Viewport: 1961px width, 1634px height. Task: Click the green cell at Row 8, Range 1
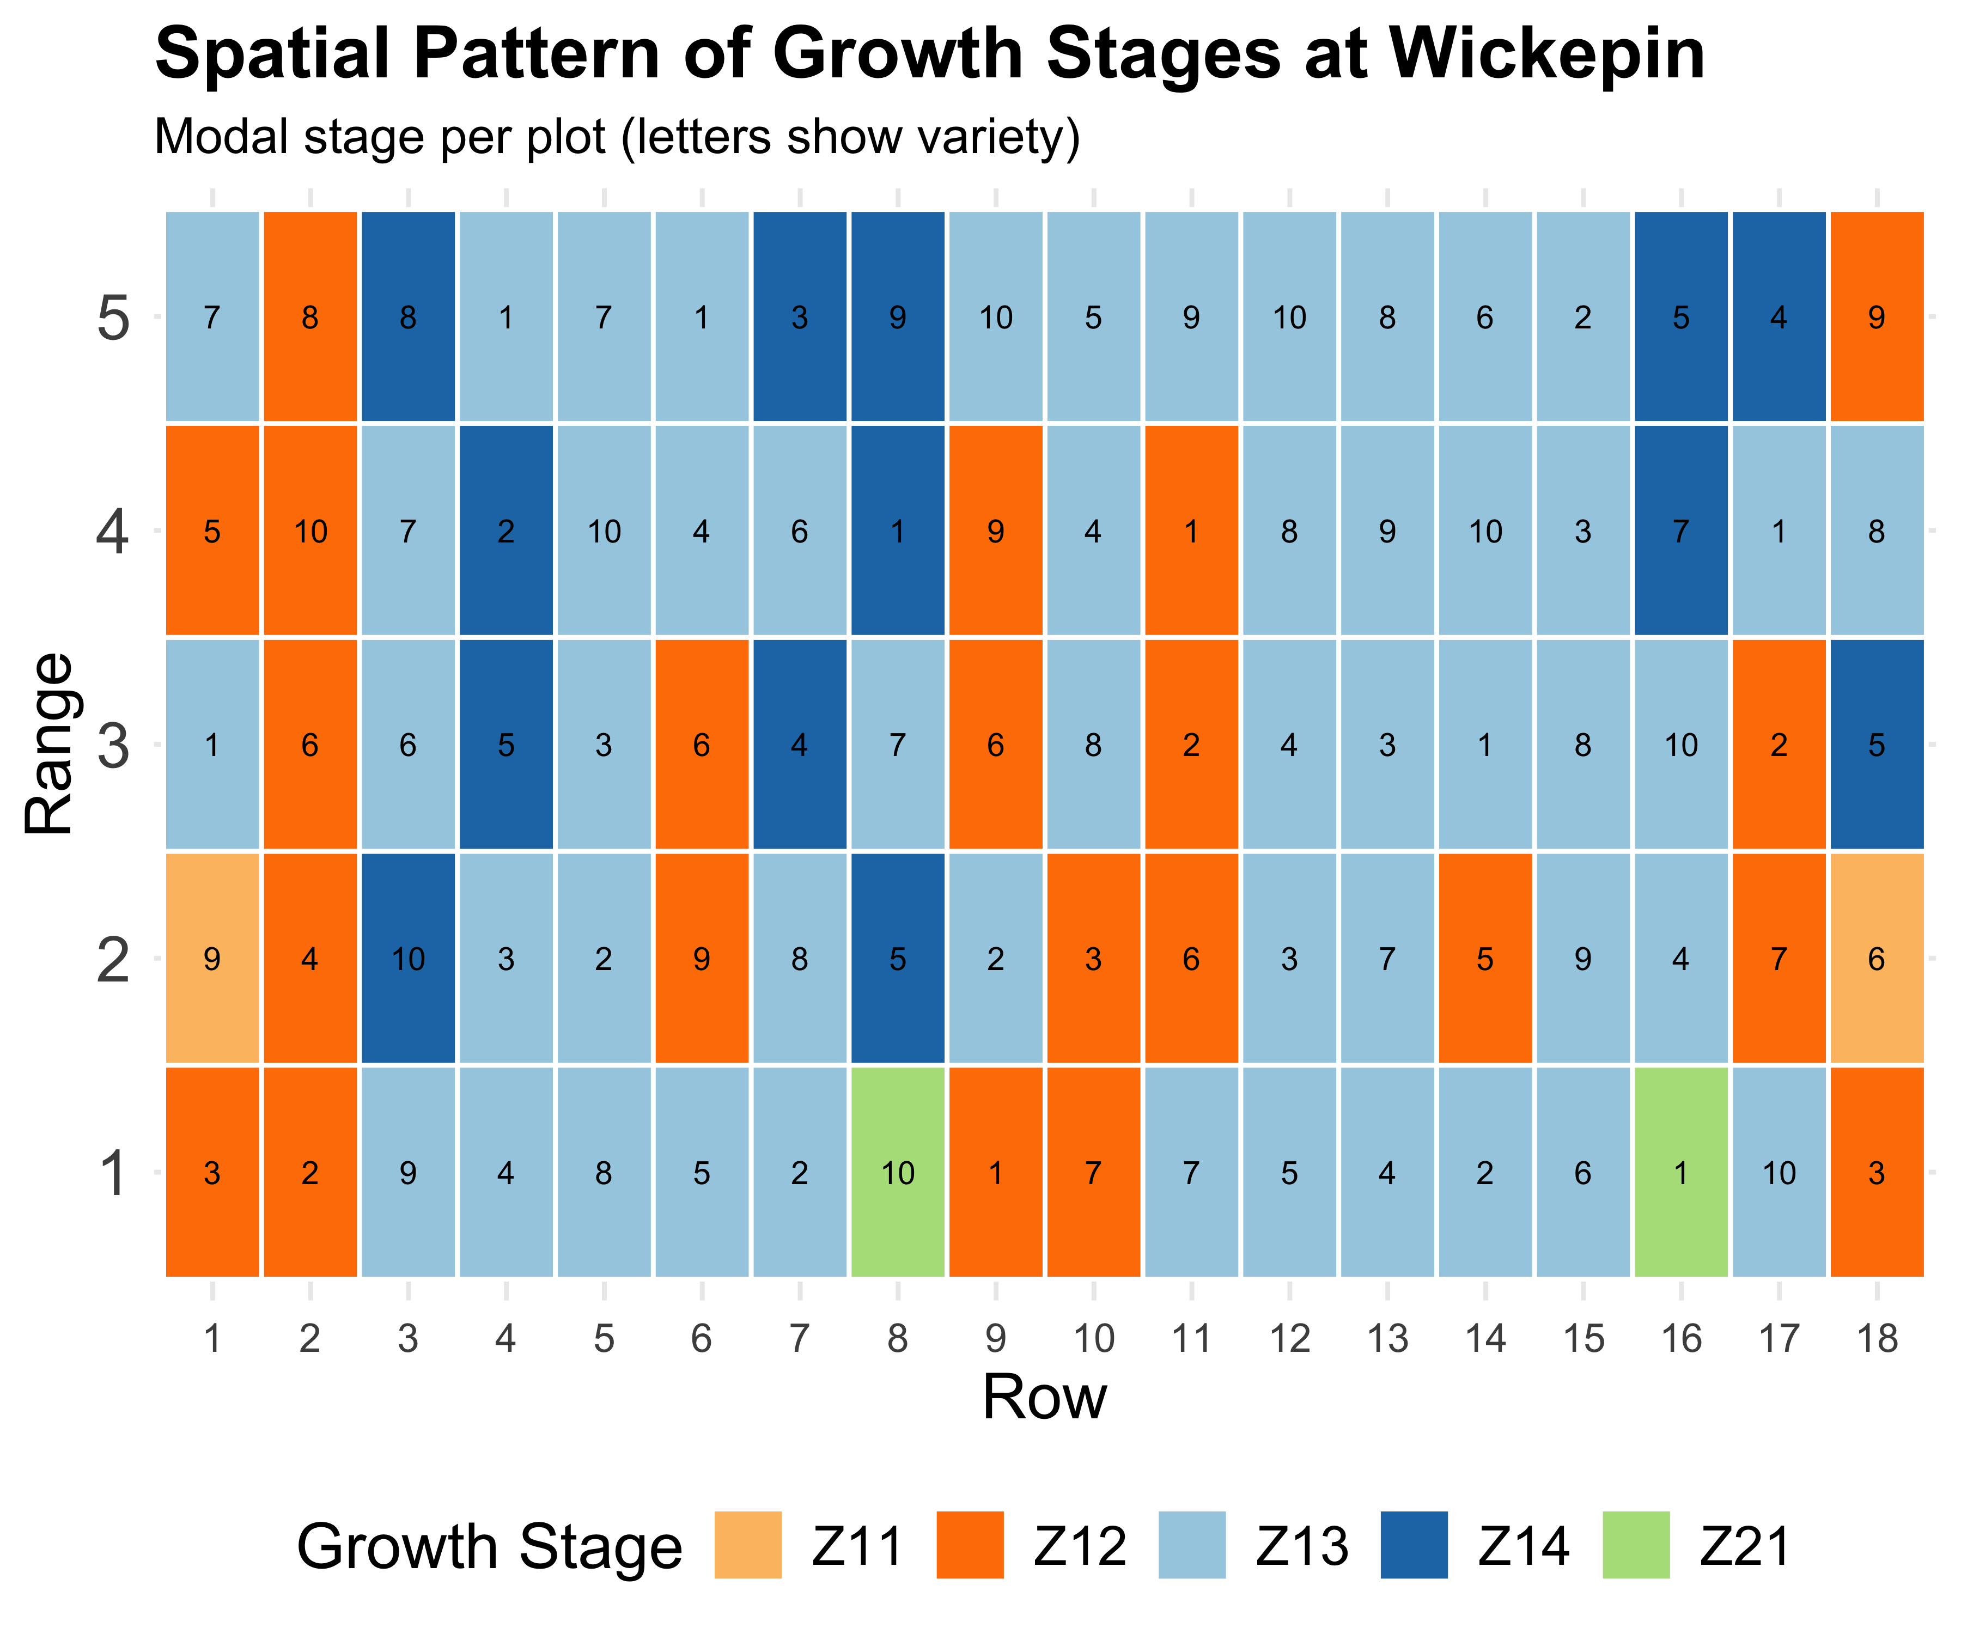(897, 1172)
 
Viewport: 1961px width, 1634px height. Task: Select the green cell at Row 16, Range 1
(1681, 1172)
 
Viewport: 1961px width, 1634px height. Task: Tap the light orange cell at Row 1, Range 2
(213, 958)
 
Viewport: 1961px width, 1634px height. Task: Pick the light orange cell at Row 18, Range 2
(1876, 958)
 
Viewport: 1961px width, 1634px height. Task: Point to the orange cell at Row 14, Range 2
(1485, 958)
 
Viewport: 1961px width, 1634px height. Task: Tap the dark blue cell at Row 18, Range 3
(1876, 744)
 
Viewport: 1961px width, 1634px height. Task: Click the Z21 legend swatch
(1636, 1545)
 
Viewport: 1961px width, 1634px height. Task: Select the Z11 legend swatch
(748, 1545)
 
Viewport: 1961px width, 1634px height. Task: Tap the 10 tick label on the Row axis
(1093, 1339)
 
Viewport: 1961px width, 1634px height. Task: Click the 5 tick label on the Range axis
(113, 319)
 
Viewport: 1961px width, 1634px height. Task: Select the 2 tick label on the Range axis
(113, 960)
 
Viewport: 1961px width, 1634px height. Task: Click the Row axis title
(1044, 1398)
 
